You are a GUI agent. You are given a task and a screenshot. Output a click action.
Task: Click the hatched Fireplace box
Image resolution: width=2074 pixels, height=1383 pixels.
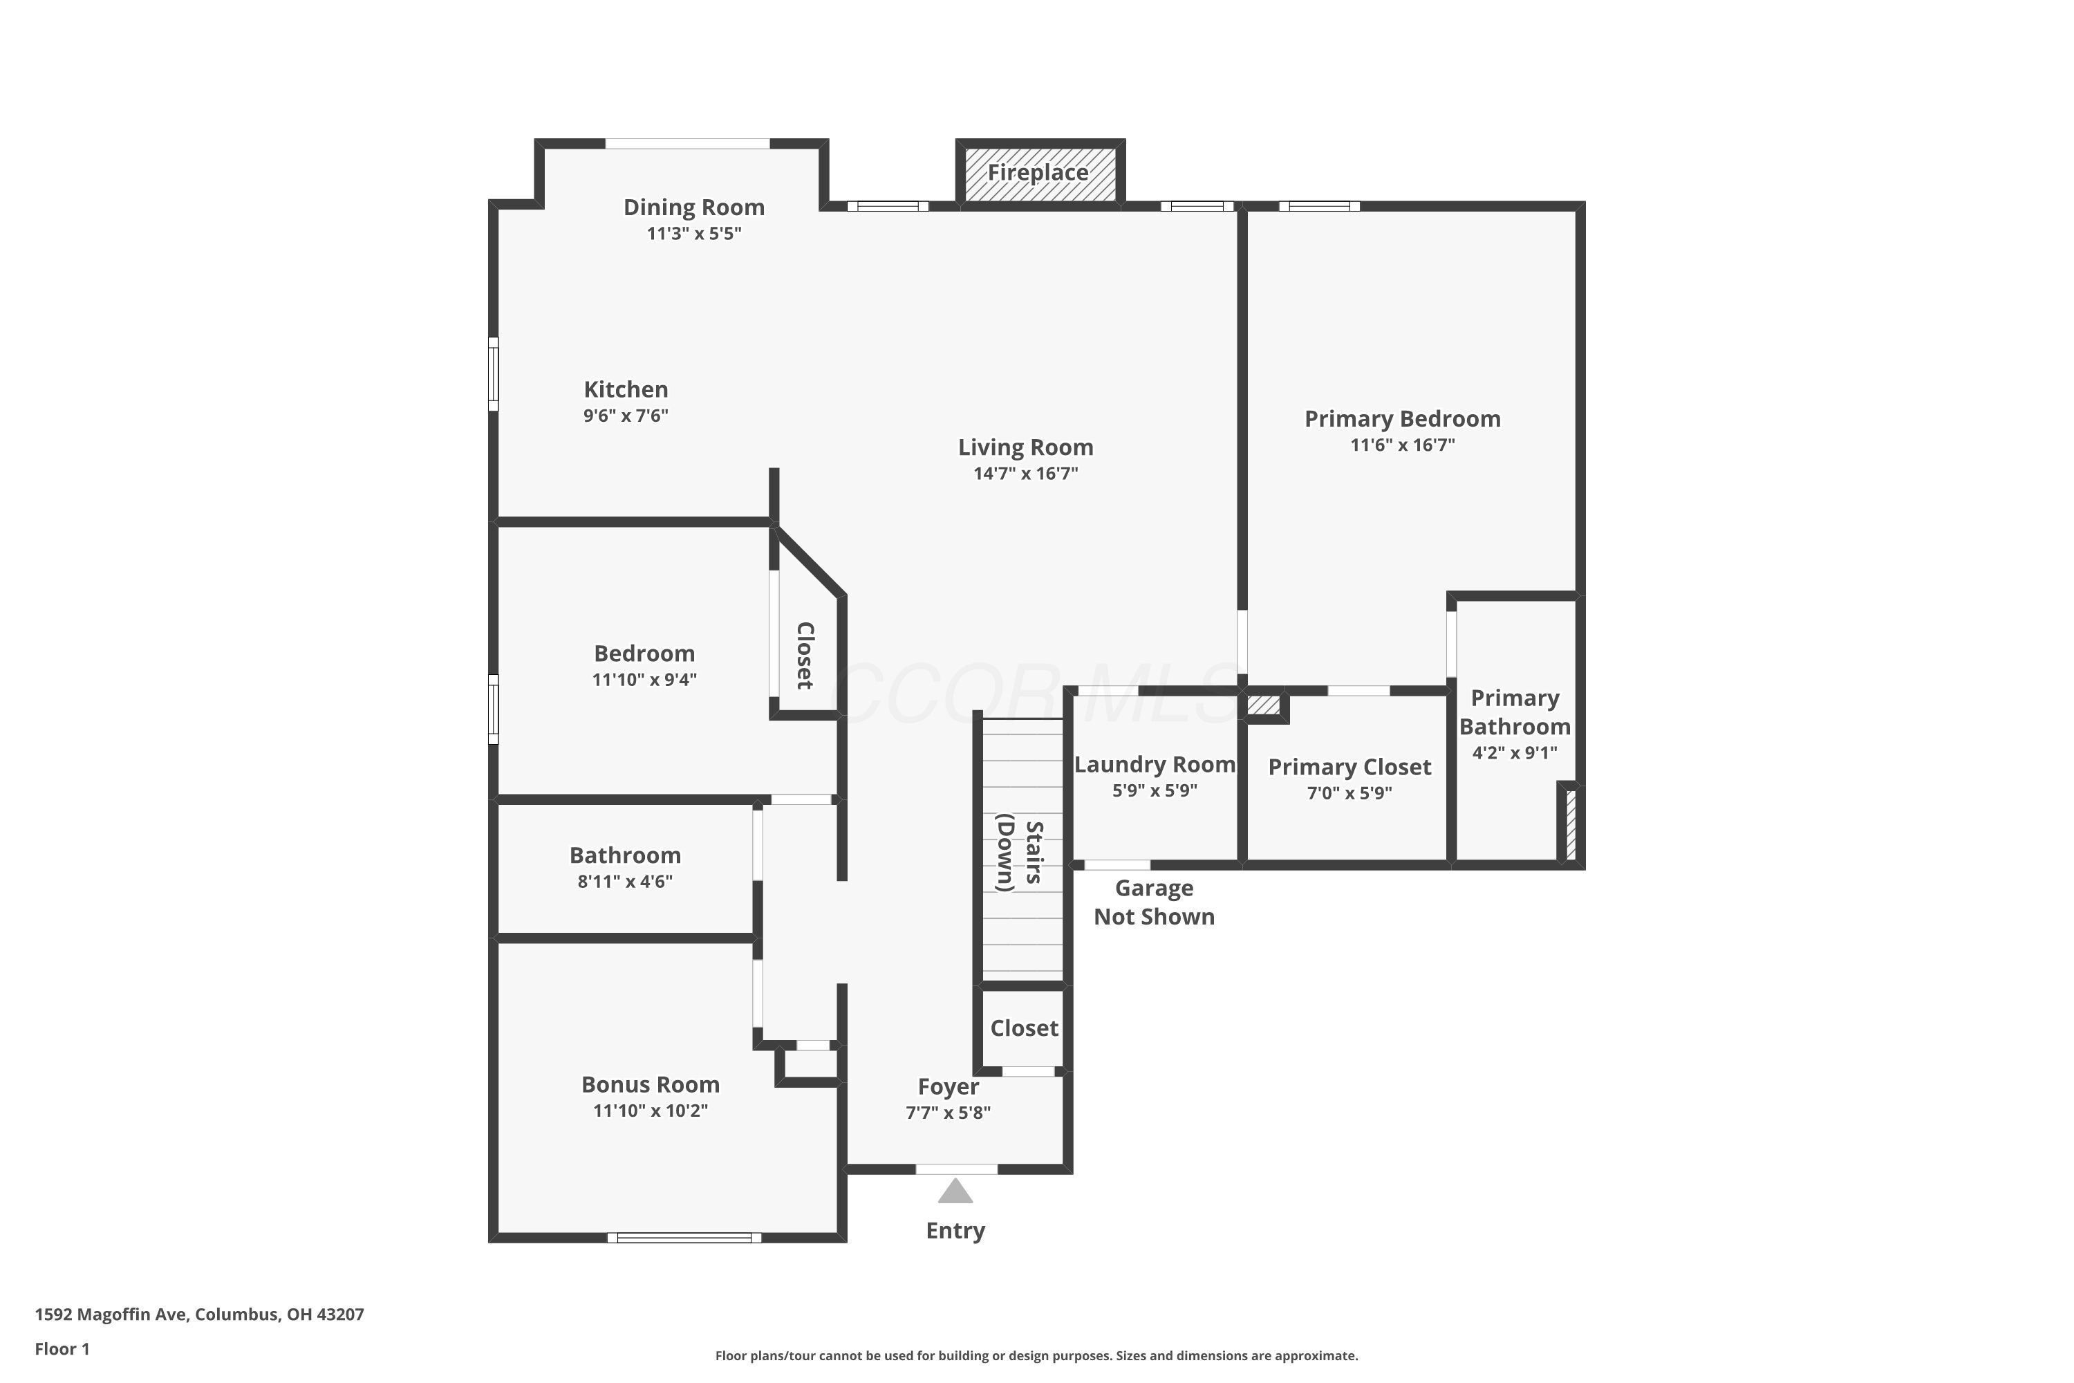1040,173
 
